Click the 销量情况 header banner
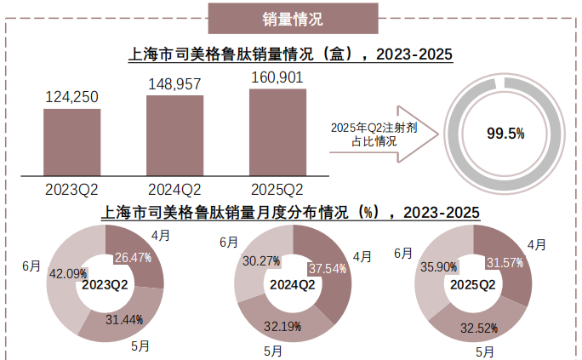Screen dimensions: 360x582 point(292,18)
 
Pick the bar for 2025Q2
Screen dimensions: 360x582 point(277,130)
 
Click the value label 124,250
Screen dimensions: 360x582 point(71,97)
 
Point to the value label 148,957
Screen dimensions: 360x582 point(174,83)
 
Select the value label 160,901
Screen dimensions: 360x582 point(277,77)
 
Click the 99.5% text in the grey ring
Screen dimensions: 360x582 point(505,134)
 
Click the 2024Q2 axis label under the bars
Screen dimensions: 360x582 point(174,188)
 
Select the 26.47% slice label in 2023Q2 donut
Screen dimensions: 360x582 point(133,257)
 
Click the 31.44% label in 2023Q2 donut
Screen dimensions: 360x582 point(124,319)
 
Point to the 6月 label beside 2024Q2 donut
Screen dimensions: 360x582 point(228,242)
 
